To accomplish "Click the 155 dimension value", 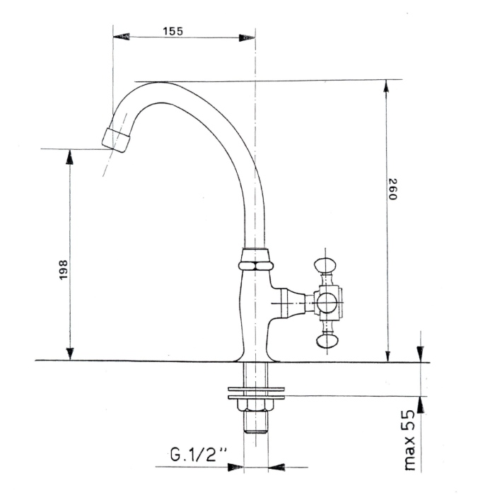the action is coord(173,31).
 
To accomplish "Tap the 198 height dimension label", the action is coord(64,269).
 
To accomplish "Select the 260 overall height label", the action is coord(392,189).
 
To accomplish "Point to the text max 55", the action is coord(409,441).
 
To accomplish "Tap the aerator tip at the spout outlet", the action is coord(116,140).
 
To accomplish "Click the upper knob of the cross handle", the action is coord(325,264).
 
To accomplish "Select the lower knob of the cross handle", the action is coord(327,341).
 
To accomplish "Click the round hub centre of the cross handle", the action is coord(327,303).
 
